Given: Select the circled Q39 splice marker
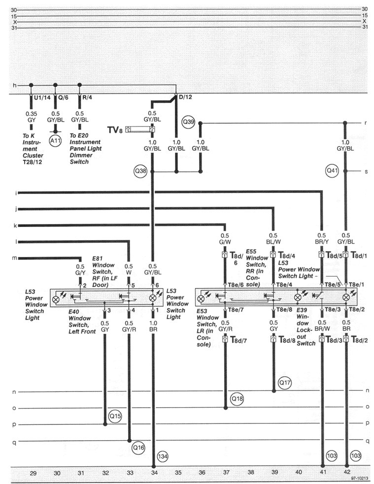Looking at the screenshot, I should [188, 121].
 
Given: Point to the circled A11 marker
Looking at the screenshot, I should [55, 140].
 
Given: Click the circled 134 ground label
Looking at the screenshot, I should [162, 456].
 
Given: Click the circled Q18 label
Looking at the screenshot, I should [237, 398].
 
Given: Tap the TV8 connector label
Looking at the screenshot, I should [115, 130].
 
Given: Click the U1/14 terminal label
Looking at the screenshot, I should [41, 97].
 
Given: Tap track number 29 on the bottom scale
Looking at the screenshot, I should [33, 472].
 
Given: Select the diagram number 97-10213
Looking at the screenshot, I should [359, 478].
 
